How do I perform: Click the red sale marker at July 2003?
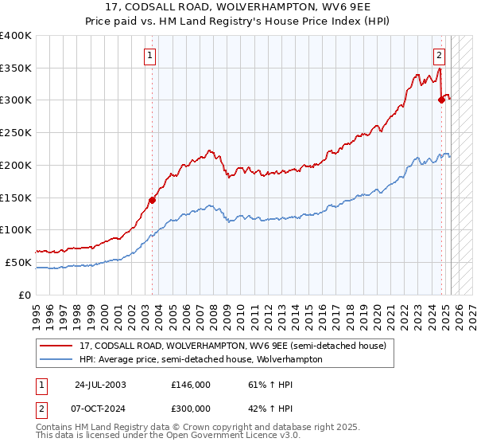tap(152, 200)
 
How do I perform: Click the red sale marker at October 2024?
tap(441, 100)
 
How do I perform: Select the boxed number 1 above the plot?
tap(150, 55)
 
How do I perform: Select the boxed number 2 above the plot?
tap(439, 55)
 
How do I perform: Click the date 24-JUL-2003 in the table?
tap(100, 384)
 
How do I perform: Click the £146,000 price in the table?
tap(190, 384)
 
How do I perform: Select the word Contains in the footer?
tap(55, 428)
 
